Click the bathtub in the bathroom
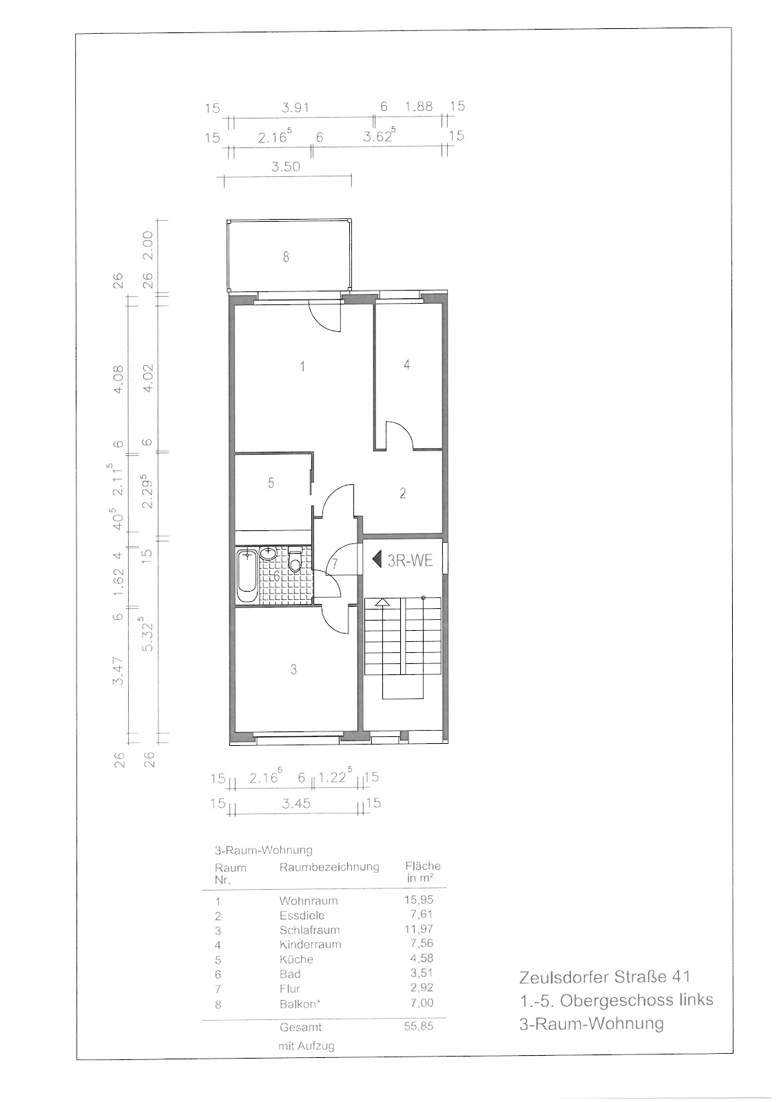point(247,576)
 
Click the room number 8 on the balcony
point(286,257)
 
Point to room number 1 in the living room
point(302,366)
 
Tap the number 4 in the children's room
point(406,364)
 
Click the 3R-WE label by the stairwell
point(410,561)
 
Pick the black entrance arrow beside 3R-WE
point(377,560)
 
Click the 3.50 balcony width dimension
point(285,167)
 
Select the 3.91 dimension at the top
point(295,107)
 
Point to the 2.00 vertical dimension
point(148,245)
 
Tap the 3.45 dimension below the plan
point(296,804)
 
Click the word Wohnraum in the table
point(309,901)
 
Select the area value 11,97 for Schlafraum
point(419,929)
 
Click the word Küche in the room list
point(296,959)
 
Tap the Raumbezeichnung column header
point(329,867)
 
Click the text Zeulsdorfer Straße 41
point(605,977)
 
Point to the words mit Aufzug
point(306,1046)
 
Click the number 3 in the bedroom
point(294,669)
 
